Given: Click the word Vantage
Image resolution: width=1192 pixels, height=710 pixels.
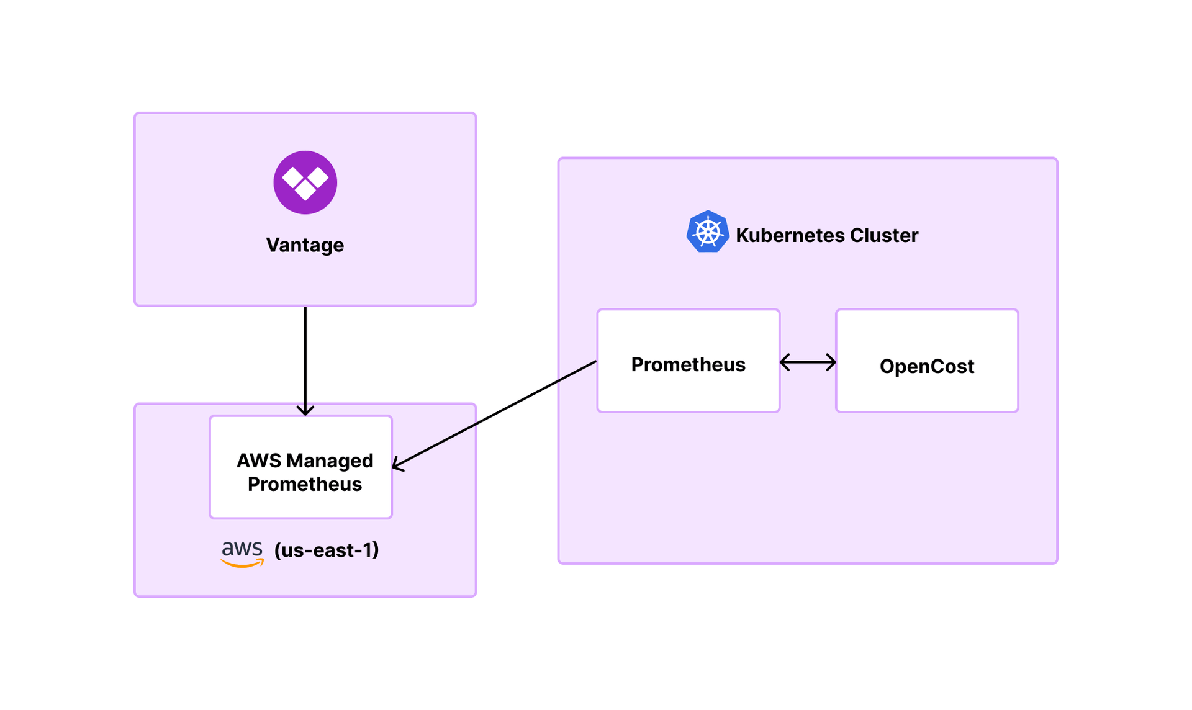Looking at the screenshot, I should (305, 245).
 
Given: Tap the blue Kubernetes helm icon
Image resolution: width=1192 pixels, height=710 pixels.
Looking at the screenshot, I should (707, 232).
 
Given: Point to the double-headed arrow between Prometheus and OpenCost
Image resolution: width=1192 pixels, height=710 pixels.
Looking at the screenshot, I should (807, 362).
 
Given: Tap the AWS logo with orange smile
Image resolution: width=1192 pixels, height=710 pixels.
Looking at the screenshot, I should (242, 553).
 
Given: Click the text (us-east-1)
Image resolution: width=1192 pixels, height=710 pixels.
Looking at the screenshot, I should (327, 550).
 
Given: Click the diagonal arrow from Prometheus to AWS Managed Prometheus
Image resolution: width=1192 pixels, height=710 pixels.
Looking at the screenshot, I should (497, 413).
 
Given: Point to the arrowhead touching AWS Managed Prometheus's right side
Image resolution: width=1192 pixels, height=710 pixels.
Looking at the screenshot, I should (397, 465).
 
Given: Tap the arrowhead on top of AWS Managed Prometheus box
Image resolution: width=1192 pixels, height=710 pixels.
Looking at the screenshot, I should (305, 410).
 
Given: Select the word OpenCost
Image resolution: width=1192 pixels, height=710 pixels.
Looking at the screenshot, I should (926, 366).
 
